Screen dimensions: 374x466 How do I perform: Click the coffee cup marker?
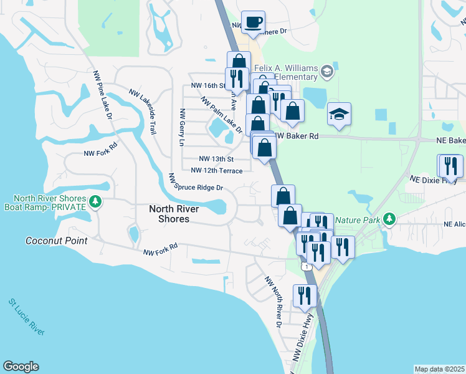[x=253, y=23]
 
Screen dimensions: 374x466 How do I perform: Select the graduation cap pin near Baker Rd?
[x=339, y=115]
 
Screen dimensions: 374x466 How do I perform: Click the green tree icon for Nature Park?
[x=389, y=219]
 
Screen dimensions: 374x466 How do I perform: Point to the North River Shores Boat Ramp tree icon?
[x=95, y=201]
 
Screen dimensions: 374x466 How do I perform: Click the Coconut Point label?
[x=57, y=241]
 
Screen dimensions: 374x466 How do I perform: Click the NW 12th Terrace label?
[x=216, y=170]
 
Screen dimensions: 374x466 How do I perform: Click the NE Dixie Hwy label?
[x=433, y=179]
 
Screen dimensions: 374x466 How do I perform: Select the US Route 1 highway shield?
[x=305, y=266]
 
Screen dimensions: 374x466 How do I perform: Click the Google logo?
[x=21, y=367]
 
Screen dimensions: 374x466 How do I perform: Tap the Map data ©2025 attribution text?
[x=439, y=369]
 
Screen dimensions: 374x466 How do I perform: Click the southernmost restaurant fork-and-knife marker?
[x=303, y=295]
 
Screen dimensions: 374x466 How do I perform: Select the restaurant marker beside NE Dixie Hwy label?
[x=451, y=166]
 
